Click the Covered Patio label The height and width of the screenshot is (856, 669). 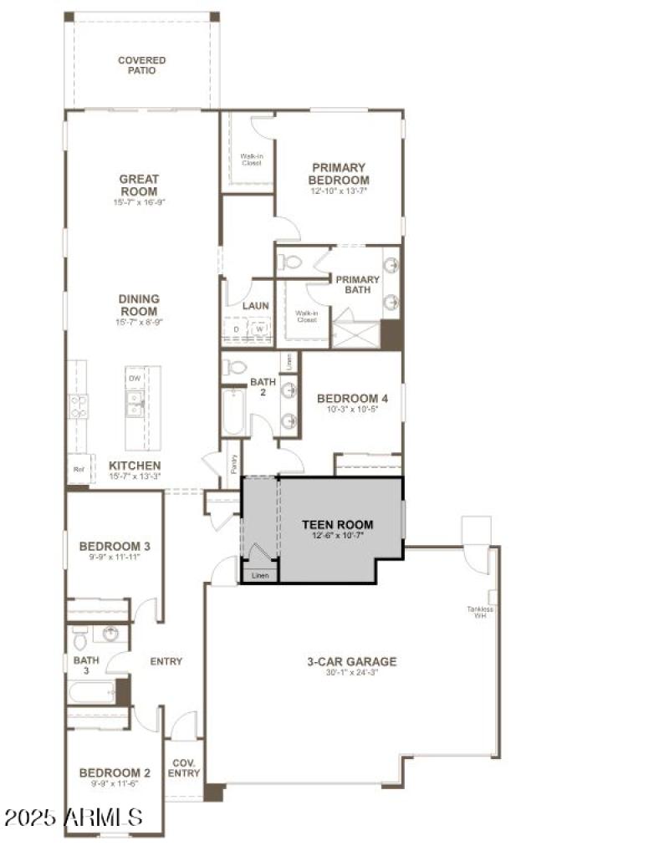click(x=141, y=65)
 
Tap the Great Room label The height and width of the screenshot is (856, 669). click(x=139, y=185)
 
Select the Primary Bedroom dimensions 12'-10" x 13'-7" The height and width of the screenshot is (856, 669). click(x=339, y=191)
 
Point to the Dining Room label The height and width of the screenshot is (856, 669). click(x=139, y=304)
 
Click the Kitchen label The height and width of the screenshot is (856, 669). click(x=135, y=466)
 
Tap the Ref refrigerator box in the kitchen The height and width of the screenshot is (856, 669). click(x=79, y=469)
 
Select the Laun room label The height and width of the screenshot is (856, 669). click(x=255, y=306)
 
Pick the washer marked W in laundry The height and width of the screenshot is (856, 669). click(x=260, y=329)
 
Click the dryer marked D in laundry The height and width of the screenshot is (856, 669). click(x=236, y=329)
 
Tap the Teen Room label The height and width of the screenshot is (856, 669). click(x=338, y=525)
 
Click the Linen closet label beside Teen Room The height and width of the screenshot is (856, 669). click(x=260, y=576)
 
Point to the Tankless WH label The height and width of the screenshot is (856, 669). click(x=481, y=613)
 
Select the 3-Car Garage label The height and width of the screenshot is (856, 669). click(x=351, y=662)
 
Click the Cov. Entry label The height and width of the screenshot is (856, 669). click(x=185, y=768)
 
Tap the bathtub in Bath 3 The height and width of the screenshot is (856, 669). click(x=92, y=692)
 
